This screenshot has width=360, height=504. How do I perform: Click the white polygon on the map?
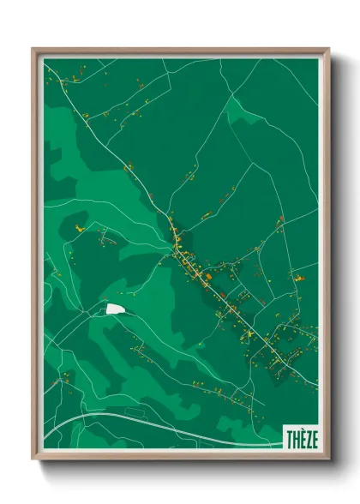[x=114, y=309]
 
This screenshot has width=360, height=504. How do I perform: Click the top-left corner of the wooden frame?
[x=34, y=51]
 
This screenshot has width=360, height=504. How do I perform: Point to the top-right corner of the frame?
[x=327, y=51]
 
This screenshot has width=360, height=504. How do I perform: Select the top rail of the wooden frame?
[x=180, y=51]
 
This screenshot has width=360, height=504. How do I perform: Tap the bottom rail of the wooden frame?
[x=180, y=455]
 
